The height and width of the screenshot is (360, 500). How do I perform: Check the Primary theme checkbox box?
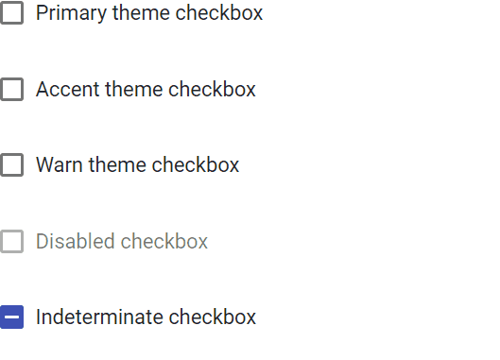[11, 12]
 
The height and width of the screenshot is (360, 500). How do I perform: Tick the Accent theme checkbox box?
[11, 89]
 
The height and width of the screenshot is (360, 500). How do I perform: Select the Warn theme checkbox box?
[11, 164]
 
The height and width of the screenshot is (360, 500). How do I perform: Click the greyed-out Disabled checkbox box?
[11, 241]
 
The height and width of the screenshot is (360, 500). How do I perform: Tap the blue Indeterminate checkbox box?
[11, 317]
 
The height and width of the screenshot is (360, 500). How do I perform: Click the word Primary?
[71, 14]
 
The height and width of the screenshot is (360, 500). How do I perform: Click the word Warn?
[60, 164]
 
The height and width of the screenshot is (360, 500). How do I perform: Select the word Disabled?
[75, 241]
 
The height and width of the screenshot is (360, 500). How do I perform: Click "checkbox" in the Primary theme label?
[218, 12]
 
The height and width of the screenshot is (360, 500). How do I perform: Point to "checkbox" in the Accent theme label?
[212, 89]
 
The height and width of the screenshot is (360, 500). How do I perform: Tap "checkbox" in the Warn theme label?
[195, 164]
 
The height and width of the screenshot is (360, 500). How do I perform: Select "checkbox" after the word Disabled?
[164, 241]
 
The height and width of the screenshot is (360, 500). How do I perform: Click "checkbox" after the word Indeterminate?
[212, 317]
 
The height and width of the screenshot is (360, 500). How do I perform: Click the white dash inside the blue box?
[11, 317]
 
